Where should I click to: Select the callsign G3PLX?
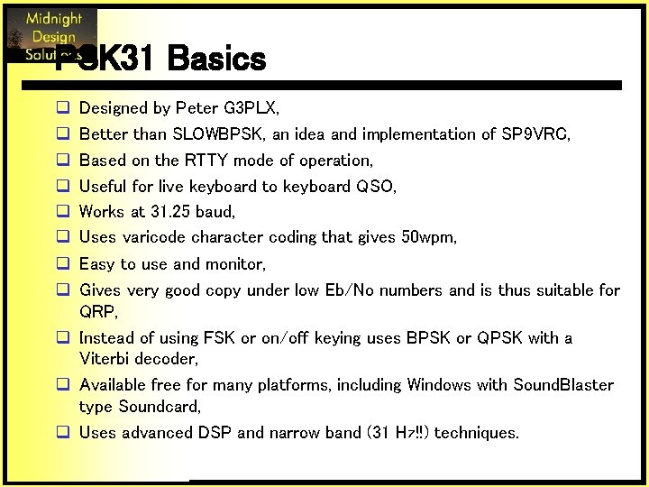[250, 108]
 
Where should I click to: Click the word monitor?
[234, 264]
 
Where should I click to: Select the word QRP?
[97, 311]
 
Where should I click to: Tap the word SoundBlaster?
[563, 385]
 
